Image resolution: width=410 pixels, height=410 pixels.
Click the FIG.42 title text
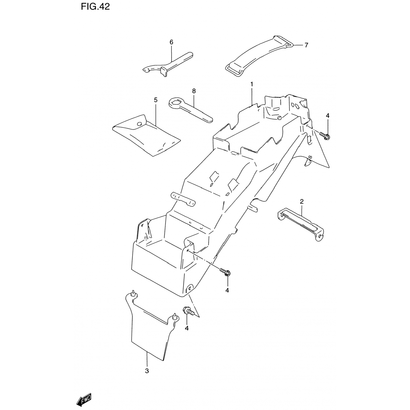[95, 7]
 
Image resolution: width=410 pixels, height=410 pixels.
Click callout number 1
[251, 84]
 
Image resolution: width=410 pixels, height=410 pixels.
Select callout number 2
[301, 202]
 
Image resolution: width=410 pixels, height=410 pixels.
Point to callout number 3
[147, 371]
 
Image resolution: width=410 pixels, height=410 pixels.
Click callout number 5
[156, 100]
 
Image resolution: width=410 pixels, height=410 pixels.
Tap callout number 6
[171, 42]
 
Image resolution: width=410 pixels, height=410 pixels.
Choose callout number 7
[306, 45]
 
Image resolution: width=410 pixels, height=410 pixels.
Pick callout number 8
[194, 91]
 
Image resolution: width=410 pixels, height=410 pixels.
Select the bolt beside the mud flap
[188, 311]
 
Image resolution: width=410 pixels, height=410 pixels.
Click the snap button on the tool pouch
[139, 124]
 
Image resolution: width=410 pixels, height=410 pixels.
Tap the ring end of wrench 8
[174, 103]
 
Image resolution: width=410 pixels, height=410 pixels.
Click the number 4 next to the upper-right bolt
[327, 116]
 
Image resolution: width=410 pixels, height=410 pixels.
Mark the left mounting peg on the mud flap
[133, 293]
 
